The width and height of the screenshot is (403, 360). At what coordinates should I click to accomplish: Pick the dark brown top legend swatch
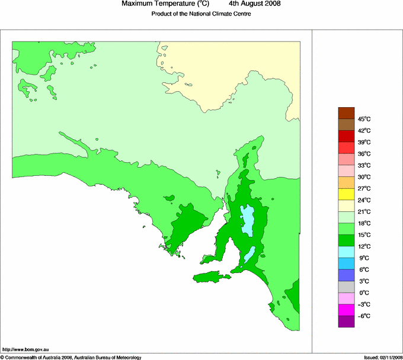click(346, 113)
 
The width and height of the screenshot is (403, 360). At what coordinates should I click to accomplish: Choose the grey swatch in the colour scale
click(346, 287)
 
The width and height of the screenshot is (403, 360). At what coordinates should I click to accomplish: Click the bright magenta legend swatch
click(346, 310)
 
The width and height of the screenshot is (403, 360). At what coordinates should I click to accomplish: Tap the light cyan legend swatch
click(346, 252)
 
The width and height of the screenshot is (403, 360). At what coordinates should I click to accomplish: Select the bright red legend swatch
click(346, 148)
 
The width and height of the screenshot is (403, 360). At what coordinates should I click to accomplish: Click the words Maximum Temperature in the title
click(157, 4)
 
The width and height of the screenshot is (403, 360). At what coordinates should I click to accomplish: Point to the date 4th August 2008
click(254, 4)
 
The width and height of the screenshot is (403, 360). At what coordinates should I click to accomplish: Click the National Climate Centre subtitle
click(201, 14)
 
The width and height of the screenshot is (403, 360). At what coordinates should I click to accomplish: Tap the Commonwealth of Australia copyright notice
click(71, 357)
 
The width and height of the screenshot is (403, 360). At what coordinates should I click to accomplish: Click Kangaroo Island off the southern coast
click(211, 277)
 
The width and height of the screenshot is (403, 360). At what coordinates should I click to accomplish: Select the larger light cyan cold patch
click(247, 220)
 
